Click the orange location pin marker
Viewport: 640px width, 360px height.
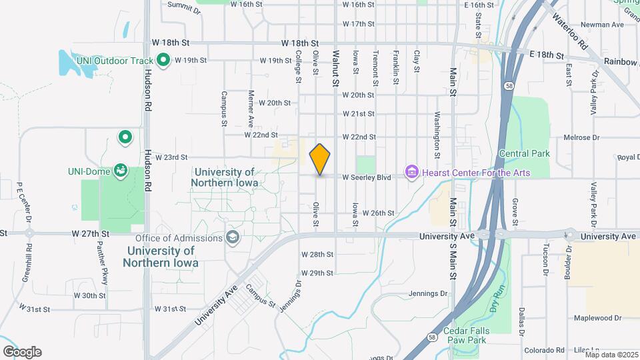tap(320, 159)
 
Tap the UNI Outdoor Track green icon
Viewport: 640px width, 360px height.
tap(162, 59)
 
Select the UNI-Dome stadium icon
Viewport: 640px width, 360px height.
tap(121, 171)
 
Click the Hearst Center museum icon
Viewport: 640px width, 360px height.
tap(411, 173)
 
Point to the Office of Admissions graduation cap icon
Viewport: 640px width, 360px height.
tap(233, 238)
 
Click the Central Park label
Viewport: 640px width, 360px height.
tap(525, 153)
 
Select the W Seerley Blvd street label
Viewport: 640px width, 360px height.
tap(366, 177)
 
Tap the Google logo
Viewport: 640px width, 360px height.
tap(22, 351)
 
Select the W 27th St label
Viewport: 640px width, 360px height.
tap(90, 234)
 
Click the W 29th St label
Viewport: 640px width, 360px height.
tap(316, 273)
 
